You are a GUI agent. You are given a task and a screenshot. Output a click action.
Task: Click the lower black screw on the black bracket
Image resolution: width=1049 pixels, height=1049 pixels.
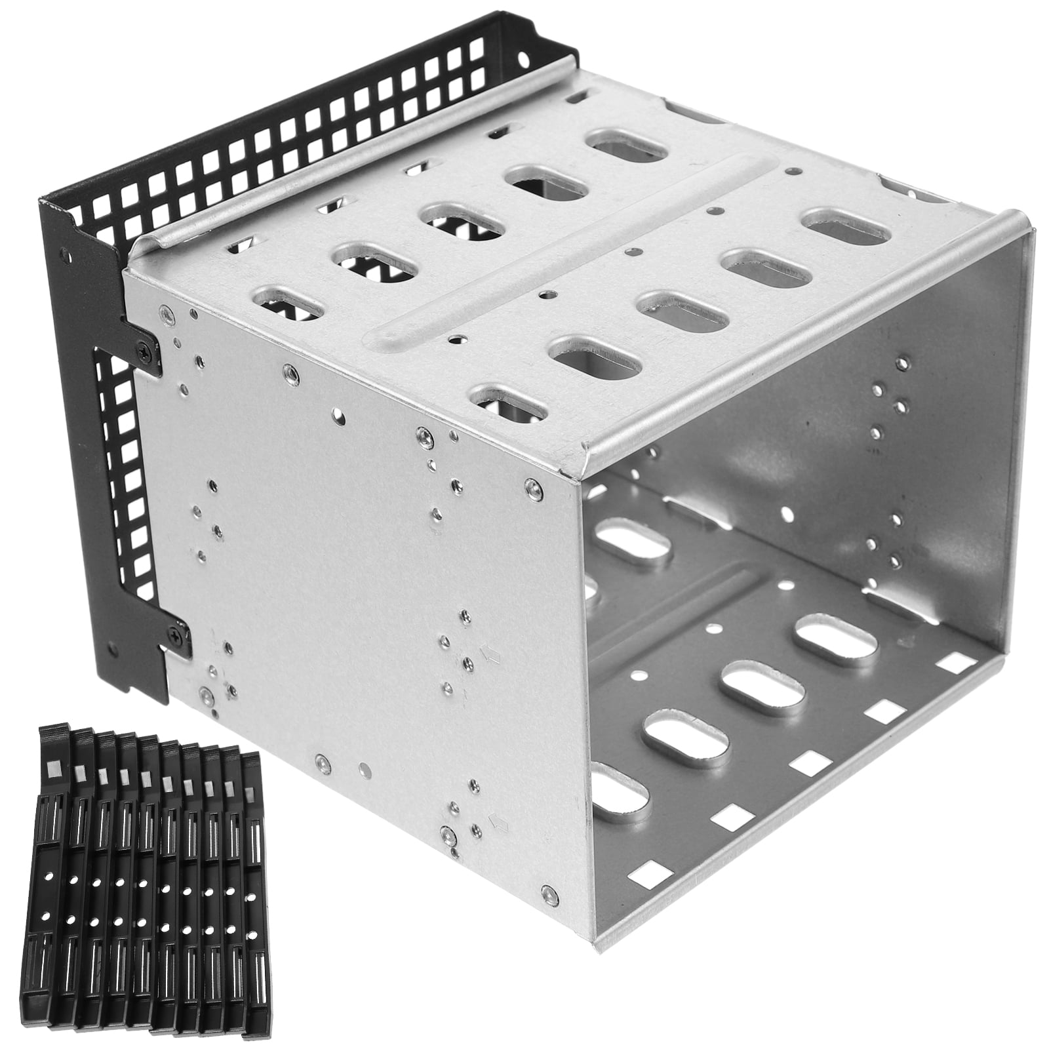point(176,634)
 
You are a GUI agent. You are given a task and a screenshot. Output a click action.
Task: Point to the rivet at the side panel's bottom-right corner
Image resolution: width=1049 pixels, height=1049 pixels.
point(546,892)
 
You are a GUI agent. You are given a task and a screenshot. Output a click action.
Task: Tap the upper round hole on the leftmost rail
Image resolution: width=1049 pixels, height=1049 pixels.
point(48,876)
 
